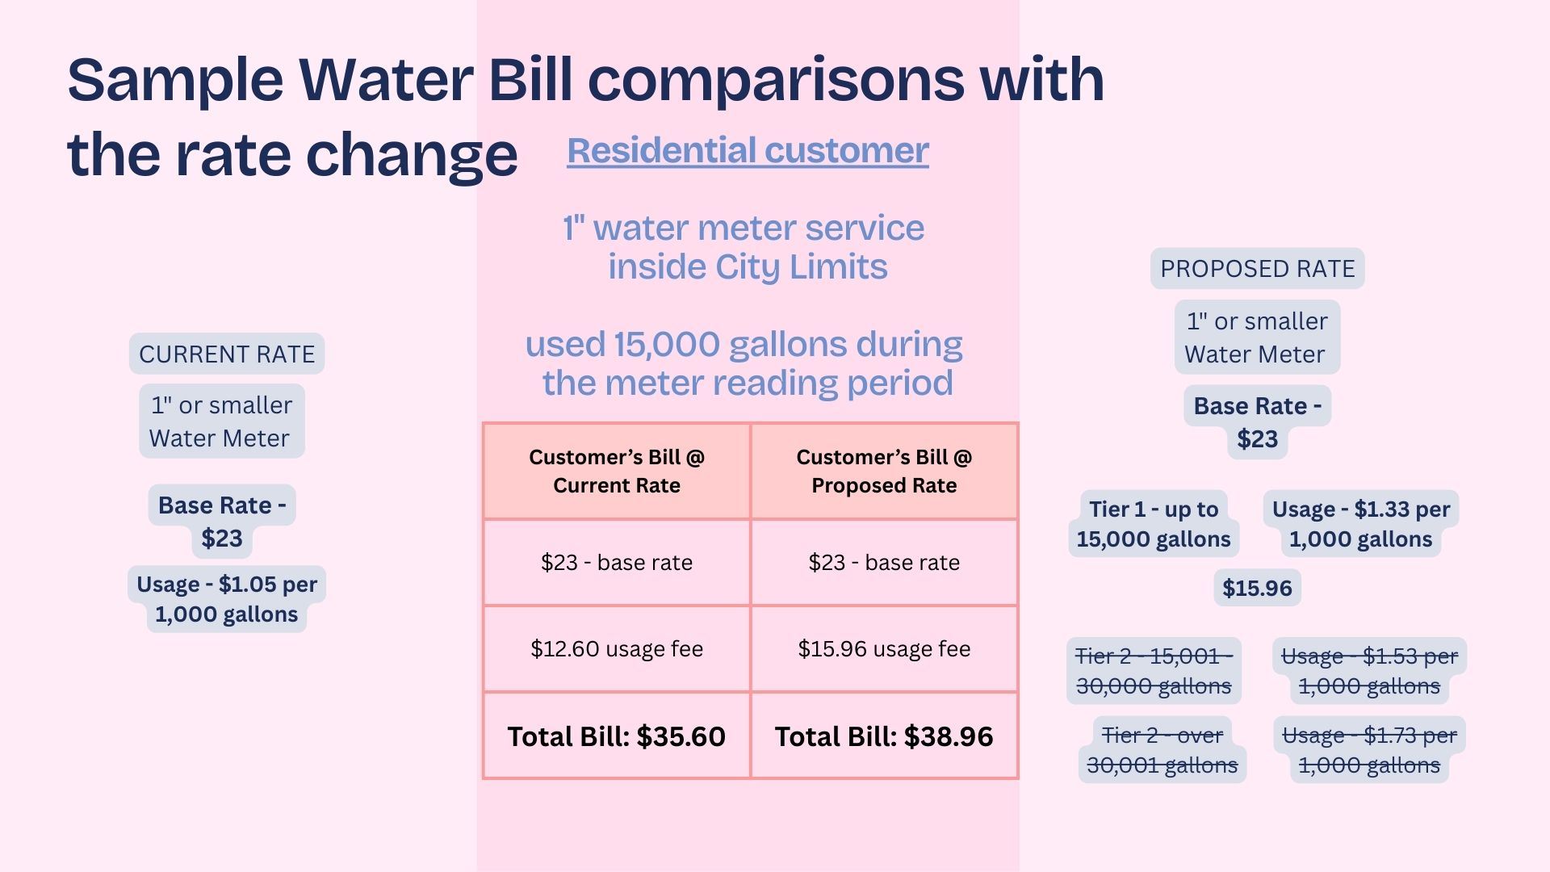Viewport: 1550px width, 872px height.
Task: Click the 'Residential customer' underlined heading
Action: (x=748, y=150)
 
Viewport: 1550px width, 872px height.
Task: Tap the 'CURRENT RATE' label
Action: (x=227, y=354)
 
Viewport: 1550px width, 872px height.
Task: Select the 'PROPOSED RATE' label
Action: (x=1257, y=269)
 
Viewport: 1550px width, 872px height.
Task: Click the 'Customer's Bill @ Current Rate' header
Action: (x=617, y=471)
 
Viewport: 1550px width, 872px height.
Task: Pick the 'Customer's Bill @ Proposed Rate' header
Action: (x=884, y=471)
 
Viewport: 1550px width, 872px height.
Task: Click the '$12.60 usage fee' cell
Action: (x=617, y=648)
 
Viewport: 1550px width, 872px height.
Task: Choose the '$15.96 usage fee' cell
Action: (x=884, y=648)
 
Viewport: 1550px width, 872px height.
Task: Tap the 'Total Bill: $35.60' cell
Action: (x=617, y=736)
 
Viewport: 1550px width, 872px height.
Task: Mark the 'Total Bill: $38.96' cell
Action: (x=884, y=736)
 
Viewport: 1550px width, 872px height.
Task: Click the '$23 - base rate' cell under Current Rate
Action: (x=617, y=562)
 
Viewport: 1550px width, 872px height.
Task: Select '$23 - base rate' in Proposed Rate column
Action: (x=884, y=562)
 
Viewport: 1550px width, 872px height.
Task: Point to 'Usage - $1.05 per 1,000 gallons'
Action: (x=227, y=599)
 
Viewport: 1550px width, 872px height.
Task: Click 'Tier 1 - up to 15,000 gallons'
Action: (x=1154, y=524)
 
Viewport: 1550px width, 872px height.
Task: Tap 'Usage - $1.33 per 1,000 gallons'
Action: (x=1361, y=524)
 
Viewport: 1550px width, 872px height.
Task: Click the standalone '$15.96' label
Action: (x=1257, y=588)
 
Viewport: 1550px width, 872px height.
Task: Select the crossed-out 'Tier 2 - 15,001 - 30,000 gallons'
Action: (x=1154, y=671)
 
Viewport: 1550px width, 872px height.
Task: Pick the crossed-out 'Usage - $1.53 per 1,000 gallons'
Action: (x=1369, y=671)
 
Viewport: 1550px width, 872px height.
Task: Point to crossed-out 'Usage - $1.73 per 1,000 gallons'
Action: (x=1369, y=750)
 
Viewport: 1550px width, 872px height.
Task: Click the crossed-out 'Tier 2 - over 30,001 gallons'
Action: (x=1162, y=750)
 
